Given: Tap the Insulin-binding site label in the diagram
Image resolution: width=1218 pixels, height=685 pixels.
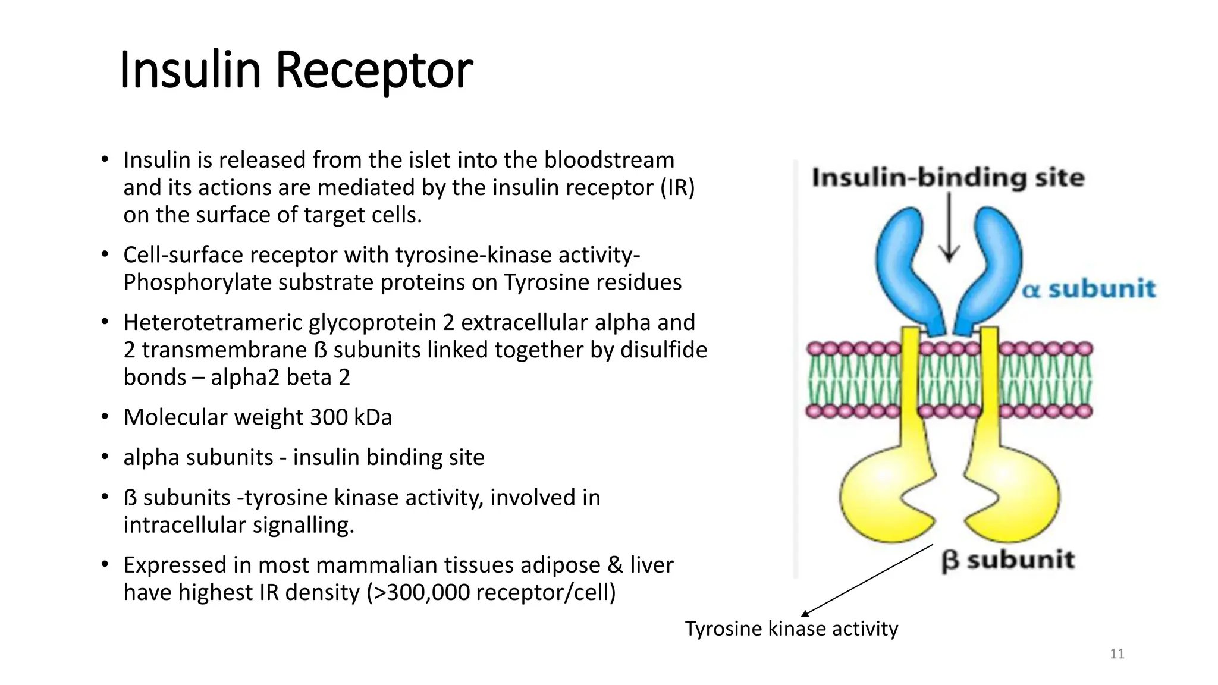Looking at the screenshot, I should coord(948,178).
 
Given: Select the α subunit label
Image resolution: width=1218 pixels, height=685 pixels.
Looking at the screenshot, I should coord(1089,290).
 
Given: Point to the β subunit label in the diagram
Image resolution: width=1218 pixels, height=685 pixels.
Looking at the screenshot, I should coord(1008,560).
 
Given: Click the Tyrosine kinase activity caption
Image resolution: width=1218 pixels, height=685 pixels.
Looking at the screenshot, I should coord(791,629).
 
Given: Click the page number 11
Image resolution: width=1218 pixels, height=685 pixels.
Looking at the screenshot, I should coord(1117,654).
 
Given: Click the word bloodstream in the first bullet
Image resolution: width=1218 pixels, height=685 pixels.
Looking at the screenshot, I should coord(609,161).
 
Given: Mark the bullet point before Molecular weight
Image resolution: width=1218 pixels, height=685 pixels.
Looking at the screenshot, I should coord(105,417).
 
